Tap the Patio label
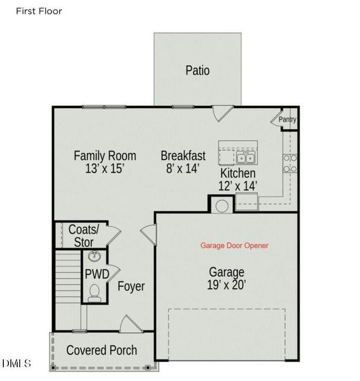[197, 70]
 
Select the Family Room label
[105, 155]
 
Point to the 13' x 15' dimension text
[105, 169]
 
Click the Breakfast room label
[183, 155]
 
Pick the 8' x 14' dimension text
[183, 169]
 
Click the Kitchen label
[237, 173]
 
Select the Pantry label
[288, 119]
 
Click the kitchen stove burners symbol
[290, 163]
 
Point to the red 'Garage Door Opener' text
[234, 245]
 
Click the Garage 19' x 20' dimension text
[226, 285]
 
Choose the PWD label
[97, 274]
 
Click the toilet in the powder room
[95, 292]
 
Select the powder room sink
[95, 257]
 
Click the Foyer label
[131, 286]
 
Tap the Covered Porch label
[102, 350]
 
